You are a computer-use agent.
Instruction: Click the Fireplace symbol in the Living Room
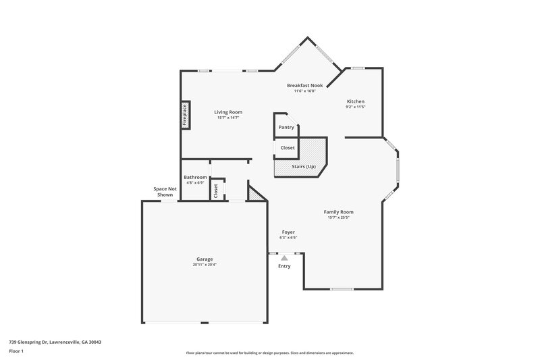tap(184, 115)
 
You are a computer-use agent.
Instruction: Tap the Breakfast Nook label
tap(304, 86)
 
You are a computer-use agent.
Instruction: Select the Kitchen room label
tap(355, 101)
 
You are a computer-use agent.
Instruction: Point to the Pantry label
tap(286, 127)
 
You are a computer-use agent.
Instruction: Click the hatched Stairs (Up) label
tap(303, 166)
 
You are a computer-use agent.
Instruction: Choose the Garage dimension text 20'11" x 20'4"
tap(205, 265)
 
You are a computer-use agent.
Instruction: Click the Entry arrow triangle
tap(284, 257)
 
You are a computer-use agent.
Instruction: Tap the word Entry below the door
tap(284, 266)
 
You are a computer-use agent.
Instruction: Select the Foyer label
tap(288, 232)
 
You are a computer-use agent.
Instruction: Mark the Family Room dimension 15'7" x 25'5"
tap(340, 217)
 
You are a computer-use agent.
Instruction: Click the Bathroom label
tap(195, 177)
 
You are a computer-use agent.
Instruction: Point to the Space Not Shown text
tap(165, 192)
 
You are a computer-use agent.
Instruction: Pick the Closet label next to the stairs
tap(288, 147)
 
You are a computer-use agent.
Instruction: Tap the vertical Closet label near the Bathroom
tap(216, 190)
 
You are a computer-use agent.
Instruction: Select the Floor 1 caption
tap(17, 351)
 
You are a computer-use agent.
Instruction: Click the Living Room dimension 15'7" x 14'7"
tap(228, 118)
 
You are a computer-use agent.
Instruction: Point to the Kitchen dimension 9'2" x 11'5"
tap(355, 107)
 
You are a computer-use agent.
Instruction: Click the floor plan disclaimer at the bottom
tap(269, 353)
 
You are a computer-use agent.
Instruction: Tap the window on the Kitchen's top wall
tap(358, 68)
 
